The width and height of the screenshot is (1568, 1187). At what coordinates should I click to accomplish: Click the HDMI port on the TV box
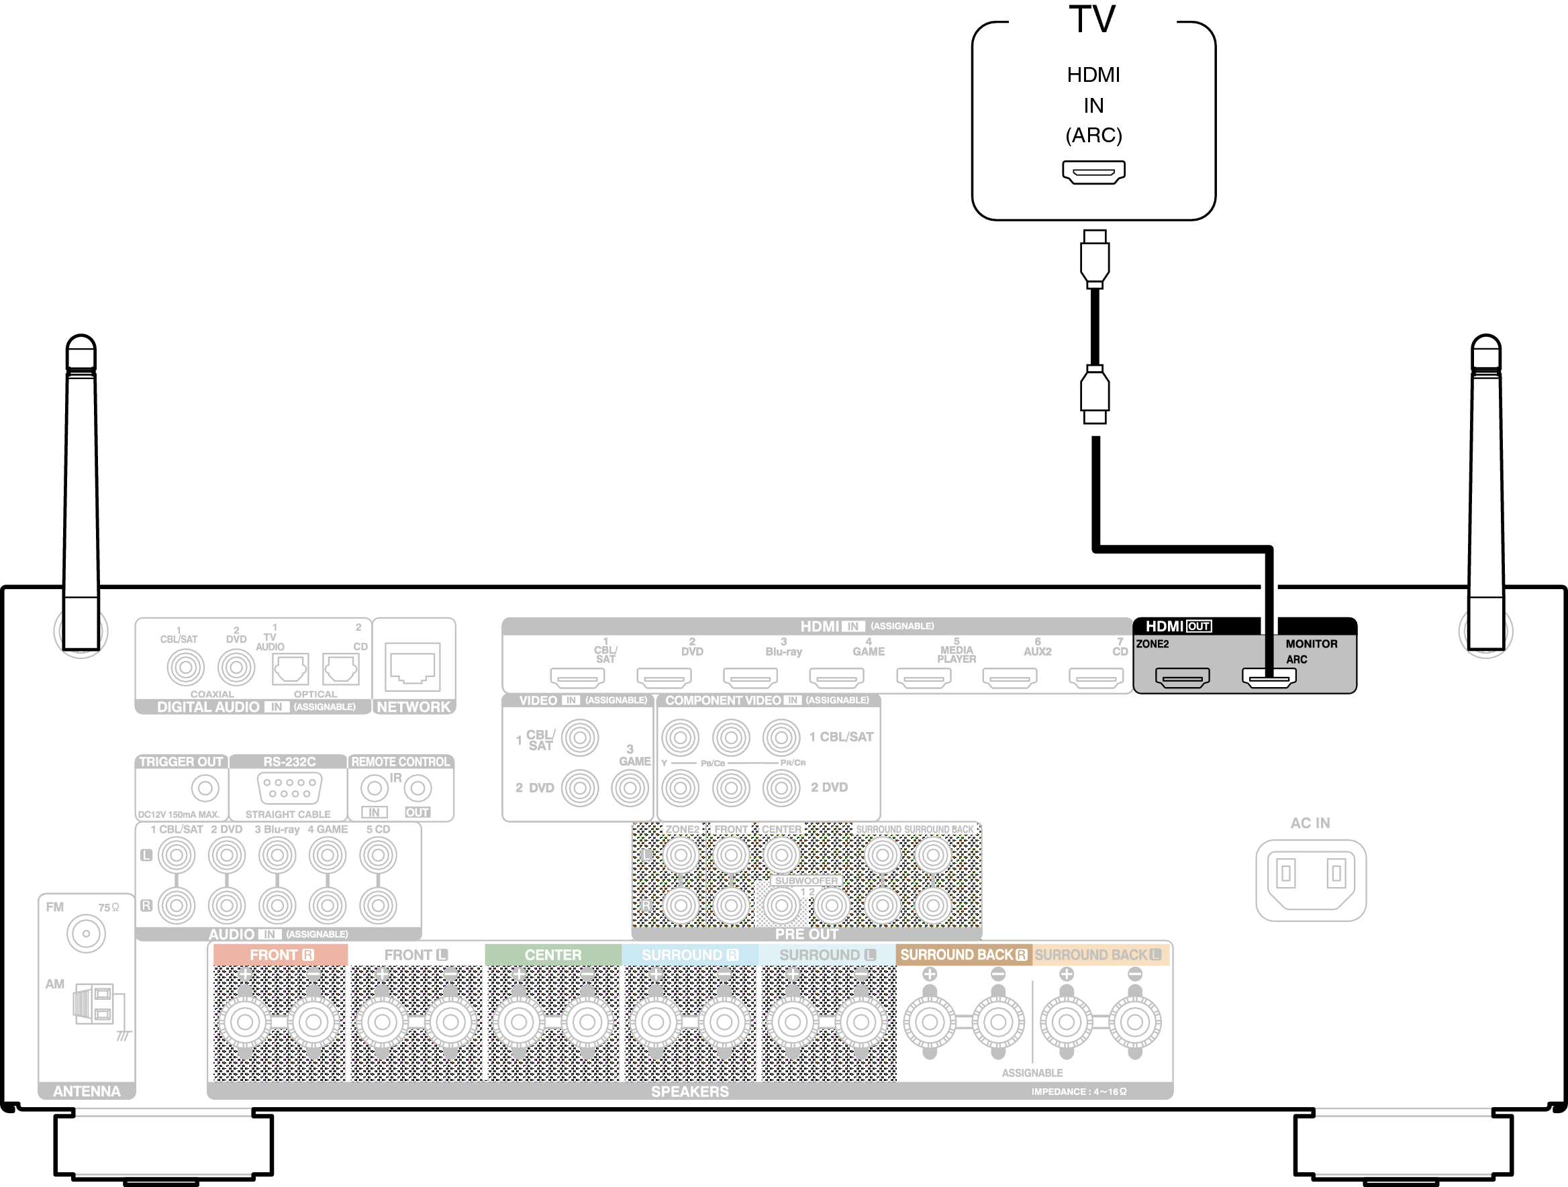coord(1093,172)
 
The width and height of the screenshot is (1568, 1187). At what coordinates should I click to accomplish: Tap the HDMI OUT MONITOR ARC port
coord(1269,678)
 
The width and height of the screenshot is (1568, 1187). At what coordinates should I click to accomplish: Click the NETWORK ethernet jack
coord(413,666)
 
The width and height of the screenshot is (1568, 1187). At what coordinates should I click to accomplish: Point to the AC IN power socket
coord(1311,879)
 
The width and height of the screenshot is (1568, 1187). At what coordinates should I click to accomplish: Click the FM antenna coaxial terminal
coord(86,933)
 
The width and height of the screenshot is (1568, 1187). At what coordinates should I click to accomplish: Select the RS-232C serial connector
coord(289,787)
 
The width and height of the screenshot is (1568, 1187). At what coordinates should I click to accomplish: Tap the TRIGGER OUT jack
coord(205,787)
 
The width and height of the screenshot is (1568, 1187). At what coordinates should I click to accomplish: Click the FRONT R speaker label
coord(281,955)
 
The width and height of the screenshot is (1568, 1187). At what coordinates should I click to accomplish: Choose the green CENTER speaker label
coord(553,955)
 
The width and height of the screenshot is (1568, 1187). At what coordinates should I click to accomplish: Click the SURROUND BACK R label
coord(963,955)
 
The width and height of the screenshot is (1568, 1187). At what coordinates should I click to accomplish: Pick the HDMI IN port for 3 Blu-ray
coord(750,678)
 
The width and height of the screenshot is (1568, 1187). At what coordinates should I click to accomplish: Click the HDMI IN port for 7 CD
coord(1095,678)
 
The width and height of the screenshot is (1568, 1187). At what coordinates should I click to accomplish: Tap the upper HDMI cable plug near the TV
coord(1095,258)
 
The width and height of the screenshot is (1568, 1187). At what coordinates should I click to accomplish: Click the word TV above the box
coord(1092,19)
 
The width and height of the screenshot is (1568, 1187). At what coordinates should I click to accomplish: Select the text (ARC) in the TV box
coord(1093,136)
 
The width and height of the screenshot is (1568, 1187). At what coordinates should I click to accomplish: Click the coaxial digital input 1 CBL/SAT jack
coord(185,667)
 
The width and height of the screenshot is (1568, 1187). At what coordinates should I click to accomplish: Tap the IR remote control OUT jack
coord(418,787)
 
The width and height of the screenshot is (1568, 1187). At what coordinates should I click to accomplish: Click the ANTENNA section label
coord(87,1090)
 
